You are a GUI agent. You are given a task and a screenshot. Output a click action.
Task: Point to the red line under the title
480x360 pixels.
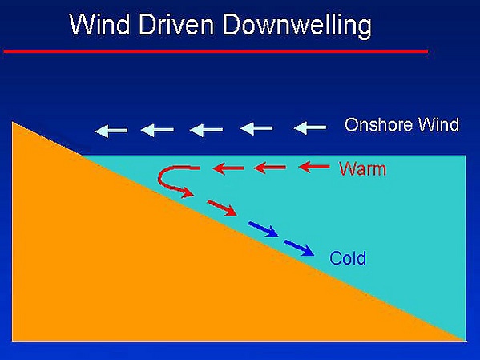coord(216,51)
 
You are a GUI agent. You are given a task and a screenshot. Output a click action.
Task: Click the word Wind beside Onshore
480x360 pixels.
coord(439,125)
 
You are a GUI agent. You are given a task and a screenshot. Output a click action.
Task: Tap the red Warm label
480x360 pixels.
coord(363,169)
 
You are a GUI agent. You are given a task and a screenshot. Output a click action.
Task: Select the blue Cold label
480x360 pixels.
coord(348,258)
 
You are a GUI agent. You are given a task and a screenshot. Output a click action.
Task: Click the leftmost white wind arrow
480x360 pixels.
coord(111,131)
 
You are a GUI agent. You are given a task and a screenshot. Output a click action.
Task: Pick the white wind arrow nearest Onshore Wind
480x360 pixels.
coord(310,127)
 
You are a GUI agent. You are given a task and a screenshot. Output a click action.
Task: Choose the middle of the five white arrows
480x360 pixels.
coord(206,130)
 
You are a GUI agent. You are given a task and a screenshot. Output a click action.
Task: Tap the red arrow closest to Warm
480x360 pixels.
coord(314,167)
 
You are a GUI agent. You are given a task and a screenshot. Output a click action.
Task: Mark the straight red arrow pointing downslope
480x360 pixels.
coord(222,208)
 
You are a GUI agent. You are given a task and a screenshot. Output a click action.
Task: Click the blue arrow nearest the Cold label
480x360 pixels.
coord(299,248)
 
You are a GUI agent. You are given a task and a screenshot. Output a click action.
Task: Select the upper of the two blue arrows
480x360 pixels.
coord(264,229)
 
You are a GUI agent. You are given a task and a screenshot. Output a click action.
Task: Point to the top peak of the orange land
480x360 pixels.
coord(12,122)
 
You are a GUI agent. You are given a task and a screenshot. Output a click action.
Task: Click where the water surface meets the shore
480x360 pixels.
coord(82,156)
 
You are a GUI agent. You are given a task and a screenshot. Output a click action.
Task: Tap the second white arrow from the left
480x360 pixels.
coord(157,130)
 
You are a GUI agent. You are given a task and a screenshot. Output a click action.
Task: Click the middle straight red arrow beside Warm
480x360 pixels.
coord(270,168)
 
